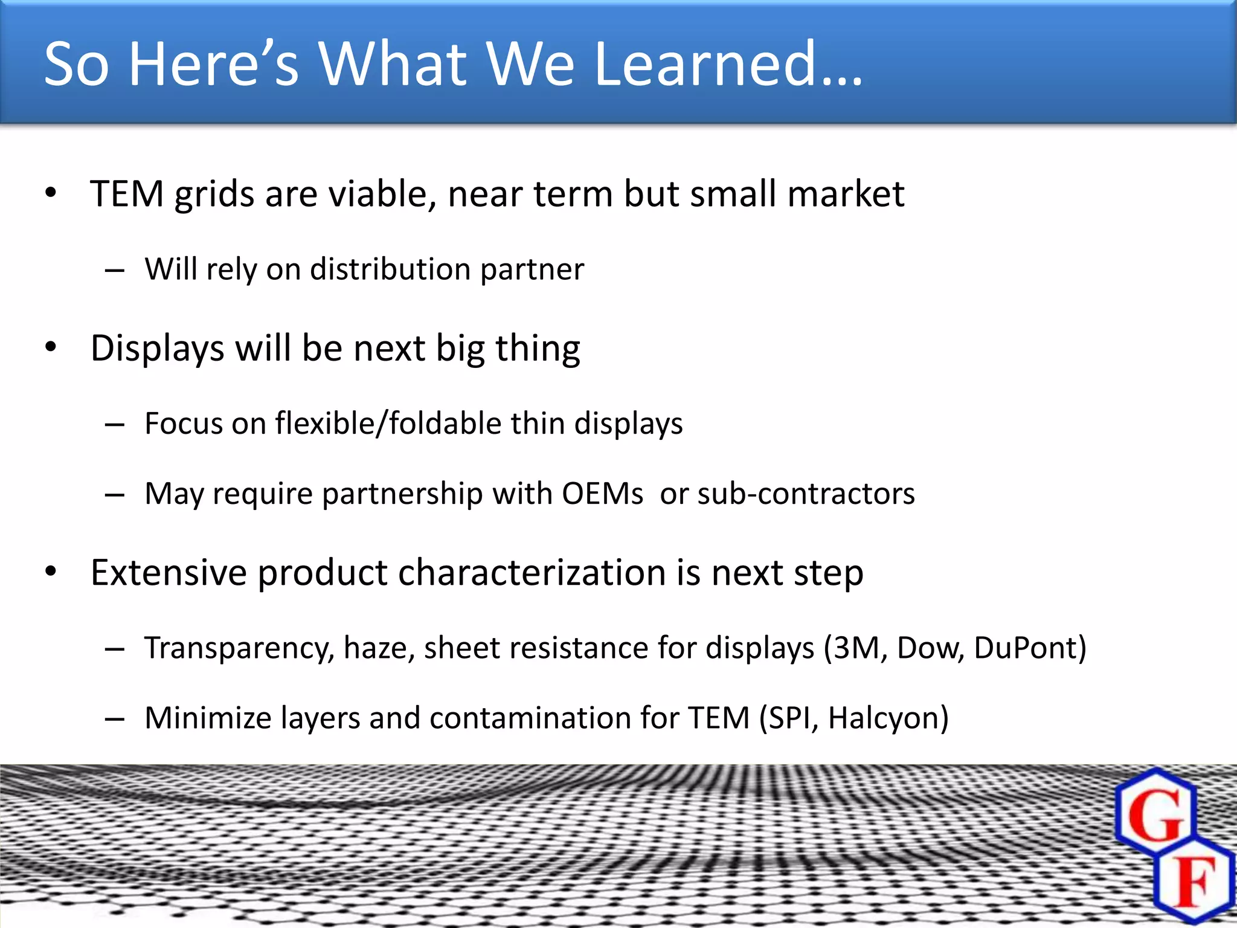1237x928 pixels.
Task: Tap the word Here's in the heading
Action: (214, 63)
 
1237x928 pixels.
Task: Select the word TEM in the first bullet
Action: (127, 194)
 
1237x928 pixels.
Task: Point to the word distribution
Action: (390, 269)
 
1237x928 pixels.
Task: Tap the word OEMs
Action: (602, 494)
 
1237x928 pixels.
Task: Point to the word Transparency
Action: (239, 648)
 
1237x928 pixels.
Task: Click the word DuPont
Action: (1026, 648)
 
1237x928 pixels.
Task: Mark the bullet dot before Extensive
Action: (51, 572)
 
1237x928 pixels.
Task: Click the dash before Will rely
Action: (114, 271)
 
